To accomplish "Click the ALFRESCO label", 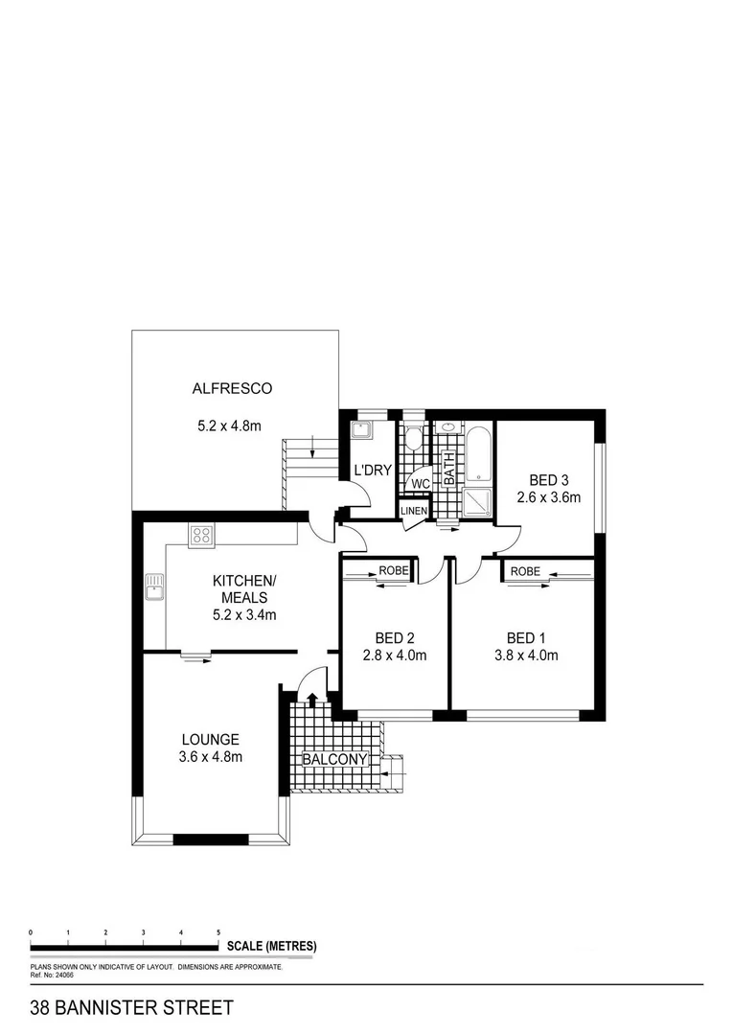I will tap(232, 388).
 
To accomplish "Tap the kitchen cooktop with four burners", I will tap(201, 536).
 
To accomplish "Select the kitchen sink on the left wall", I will tap(154, 586).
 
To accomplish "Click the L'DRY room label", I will tap(372, 471).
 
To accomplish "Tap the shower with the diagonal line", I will tap(476, 504).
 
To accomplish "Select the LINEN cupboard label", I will tap(414, 511).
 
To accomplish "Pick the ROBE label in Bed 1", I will tap(525, 571).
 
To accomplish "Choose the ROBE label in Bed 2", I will tap(393, 571).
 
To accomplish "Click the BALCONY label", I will tap(334, 760).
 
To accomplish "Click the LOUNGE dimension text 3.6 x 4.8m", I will tap(210, 757).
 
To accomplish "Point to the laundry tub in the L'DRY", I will tap(362, 429).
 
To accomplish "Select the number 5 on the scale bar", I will tap(218, 931).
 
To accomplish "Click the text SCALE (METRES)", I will tap(271, 947).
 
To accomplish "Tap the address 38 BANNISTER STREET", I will tap(131, 1008).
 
